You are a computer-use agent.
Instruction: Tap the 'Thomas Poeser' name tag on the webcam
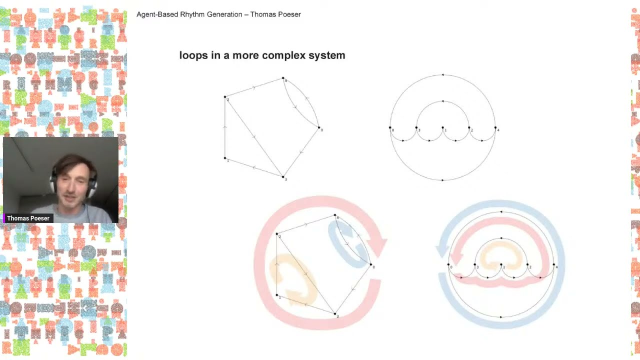[x=28, y=218]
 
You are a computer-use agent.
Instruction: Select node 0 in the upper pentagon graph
[x=319, y=127]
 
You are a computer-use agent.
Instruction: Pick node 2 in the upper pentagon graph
[x=225, y=97]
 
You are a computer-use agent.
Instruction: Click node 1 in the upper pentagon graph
[x=225, y=158]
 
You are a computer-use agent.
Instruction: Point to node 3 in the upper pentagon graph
[x=283, y=176]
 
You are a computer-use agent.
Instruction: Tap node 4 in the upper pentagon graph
[x=283, y=78]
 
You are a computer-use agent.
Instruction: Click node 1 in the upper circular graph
[x=442, y=128]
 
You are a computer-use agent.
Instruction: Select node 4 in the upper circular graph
[x=495, y=128]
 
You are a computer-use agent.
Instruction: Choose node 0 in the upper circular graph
[x=390, y=128]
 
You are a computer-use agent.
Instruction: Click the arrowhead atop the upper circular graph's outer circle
[x=442, y=75]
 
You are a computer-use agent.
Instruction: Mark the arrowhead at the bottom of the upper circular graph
[x=443, y=179]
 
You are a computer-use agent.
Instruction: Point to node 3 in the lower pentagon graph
[x=335, y=313]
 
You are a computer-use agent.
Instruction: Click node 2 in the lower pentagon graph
[x=277, y=234]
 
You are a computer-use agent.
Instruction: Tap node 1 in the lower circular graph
[x=501, y=265]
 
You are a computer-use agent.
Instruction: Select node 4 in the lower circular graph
[x=554, y=265]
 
